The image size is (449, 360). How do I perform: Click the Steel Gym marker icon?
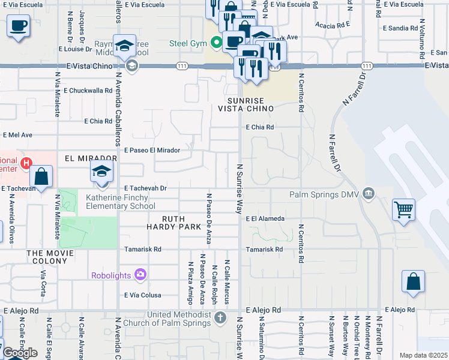(215, 43)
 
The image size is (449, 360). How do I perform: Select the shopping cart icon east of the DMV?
(404, 210)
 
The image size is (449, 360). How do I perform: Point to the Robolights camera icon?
(140, 275)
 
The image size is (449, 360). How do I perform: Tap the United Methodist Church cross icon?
(220, 317)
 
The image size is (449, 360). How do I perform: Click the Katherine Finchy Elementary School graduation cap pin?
(102, 171)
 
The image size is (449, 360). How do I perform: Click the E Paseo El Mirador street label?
(152, 150)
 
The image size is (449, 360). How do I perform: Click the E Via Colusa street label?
(142, 295)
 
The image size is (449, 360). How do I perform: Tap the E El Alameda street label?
(265, 219)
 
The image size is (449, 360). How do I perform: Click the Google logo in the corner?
(20, 353)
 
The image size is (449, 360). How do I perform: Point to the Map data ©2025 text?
(423, 355)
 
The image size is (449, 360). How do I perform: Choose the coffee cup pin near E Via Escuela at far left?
(19, 26)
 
